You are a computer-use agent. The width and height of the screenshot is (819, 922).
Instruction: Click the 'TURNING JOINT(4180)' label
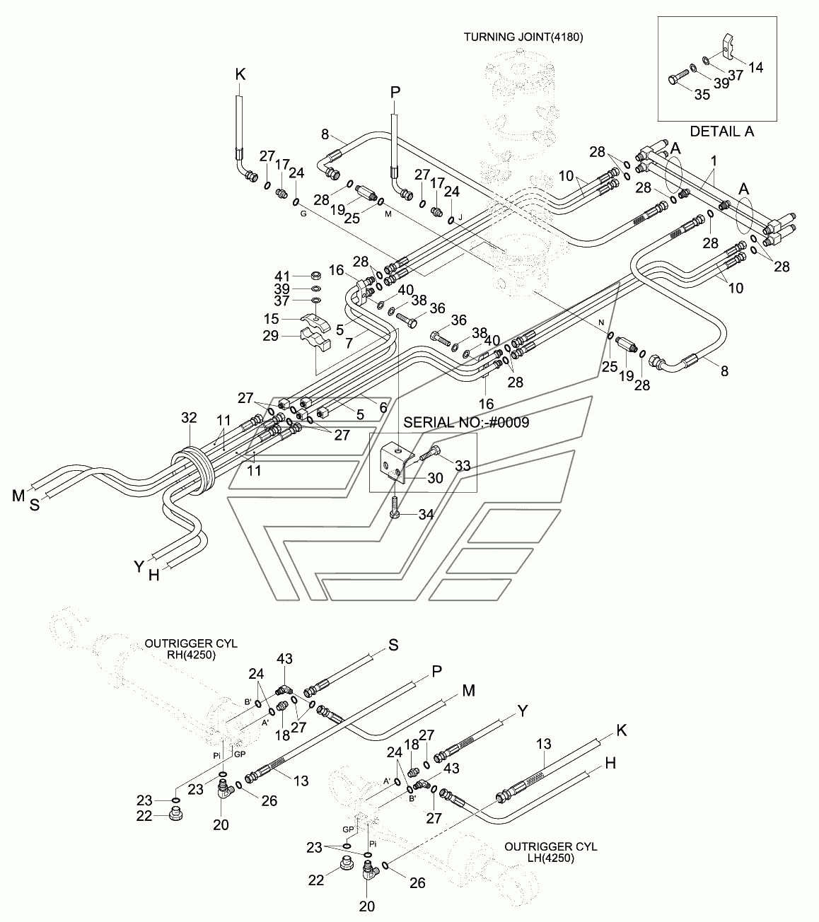523,37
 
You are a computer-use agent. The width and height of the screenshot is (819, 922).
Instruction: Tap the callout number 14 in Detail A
756,68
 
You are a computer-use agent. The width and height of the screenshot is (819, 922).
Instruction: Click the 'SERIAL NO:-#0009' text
467,422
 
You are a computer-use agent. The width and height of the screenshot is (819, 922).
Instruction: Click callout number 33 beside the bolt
462,465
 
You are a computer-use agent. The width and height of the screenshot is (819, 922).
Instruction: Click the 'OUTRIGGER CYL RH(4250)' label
191,649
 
